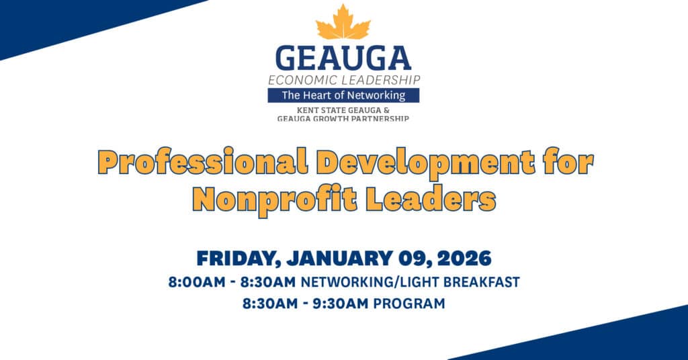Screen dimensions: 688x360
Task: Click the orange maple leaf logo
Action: tap(343, 22)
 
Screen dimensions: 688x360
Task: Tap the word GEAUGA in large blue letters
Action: tap(343, 58)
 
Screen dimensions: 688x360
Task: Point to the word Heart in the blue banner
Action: tap(314, 95)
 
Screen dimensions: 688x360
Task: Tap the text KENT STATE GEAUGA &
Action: tap(343, 110)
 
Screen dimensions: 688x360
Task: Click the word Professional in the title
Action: tap(202, 162)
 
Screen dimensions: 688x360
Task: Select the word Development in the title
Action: tap(425, 163)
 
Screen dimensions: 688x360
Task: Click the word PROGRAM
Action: tap(409, 304)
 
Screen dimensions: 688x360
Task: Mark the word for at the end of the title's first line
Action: tap(568, 162)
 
